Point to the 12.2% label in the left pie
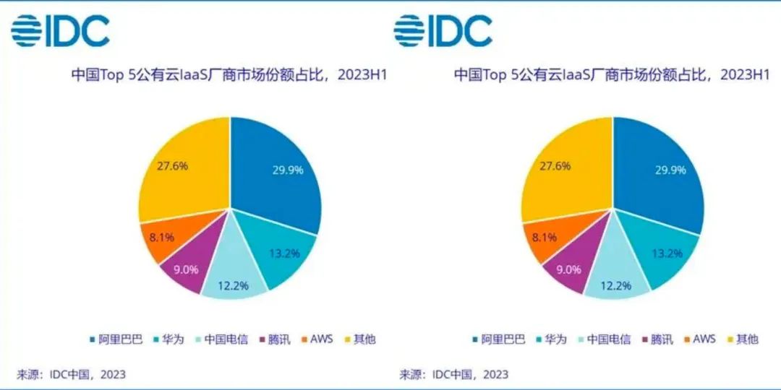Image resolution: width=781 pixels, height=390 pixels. [x=233, y=285]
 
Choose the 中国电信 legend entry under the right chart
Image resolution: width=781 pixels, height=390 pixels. [x=605, y=339]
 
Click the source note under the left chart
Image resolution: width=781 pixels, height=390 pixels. [x=72, y=374]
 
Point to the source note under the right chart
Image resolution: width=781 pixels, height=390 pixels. [x=454, y=374]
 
